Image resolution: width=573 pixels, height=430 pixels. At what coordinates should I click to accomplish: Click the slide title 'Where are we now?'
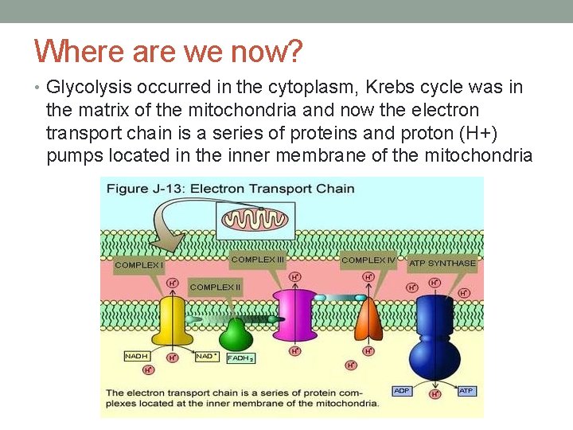point(169,52)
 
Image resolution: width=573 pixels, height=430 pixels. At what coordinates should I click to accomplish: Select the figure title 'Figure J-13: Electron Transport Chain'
point(230,189)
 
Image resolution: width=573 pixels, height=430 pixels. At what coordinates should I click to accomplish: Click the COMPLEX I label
point(139,264)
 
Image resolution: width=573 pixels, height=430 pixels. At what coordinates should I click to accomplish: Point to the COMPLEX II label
point(215,287)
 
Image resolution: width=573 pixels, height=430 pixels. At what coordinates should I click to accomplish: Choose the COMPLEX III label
point(258,260)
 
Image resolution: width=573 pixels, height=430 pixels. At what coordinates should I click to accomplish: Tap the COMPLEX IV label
point(368,260)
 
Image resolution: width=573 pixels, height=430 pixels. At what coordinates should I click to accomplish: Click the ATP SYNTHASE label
point(442,263)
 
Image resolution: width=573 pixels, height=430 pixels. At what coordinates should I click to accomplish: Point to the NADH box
point(135,356)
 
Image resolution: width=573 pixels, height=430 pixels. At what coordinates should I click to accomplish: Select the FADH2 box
point(240,358)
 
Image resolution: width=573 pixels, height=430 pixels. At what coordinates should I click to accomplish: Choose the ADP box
point(403,391)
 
